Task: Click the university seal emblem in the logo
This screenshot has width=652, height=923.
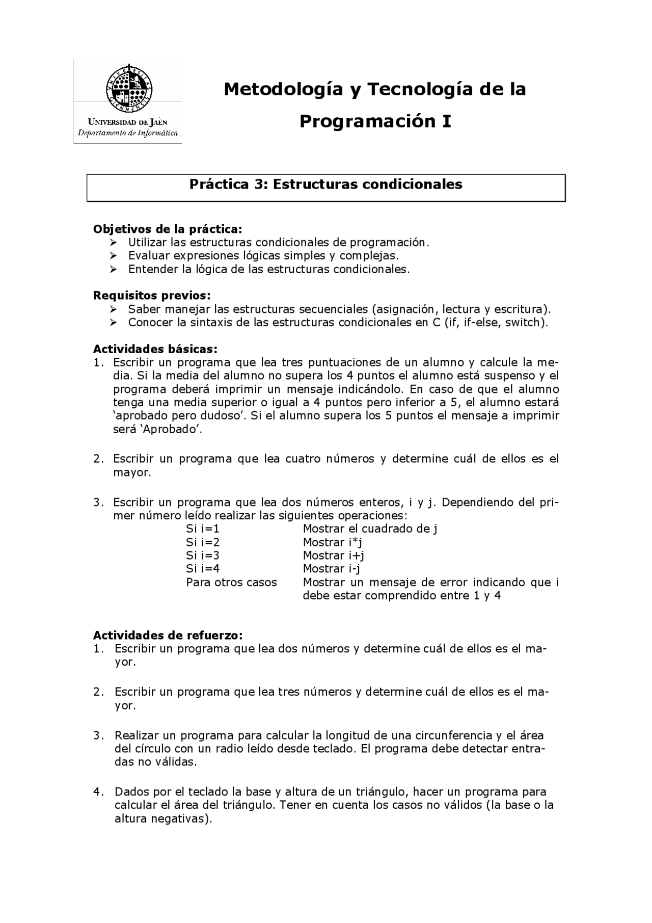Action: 129,89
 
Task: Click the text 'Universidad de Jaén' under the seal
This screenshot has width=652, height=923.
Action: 127,122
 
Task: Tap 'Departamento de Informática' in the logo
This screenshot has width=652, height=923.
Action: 127,133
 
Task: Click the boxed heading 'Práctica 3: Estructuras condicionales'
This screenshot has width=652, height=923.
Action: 325,184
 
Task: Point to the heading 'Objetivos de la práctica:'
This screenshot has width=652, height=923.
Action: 168,229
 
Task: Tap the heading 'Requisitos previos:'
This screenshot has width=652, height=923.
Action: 152,296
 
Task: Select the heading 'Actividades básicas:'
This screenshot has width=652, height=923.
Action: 155,349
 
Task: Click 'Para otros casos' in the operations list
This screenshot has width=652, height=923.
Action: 231,582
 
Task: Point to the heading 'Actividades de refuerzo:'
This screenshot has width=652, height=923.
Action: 168,636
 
